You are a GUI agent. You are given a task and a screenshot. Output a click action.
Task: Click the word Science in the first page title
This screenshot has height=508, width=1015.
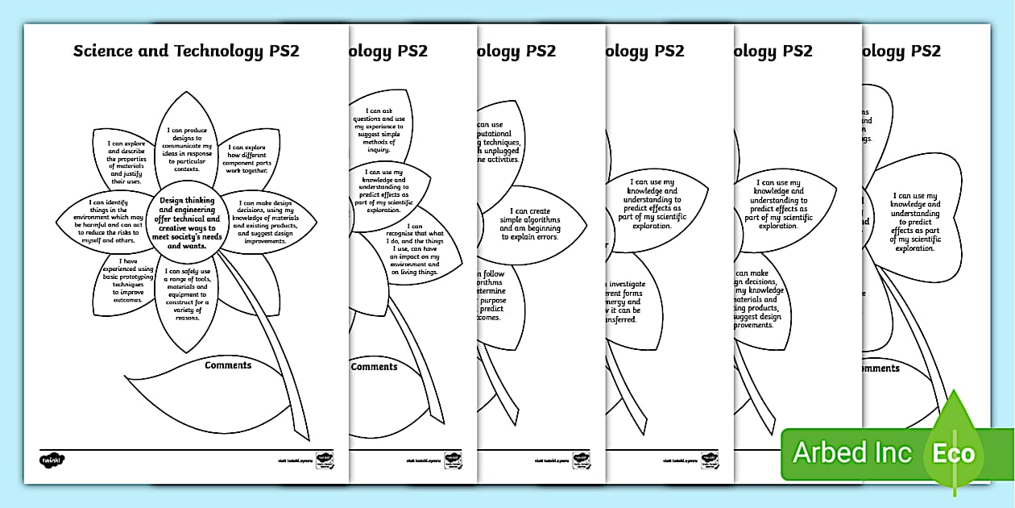coord(101,52)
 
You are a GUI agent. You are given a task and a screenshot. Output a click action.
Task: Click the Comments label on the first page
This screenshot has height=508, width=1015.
coord(228,365)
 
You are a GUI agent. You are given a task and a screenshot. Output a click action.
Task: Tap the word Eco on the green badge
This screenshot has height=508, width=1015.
coord(954,453)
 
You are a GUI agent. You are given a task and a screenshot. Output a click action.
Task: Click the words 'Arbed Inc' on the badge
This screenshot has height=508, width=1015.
coord(852,453)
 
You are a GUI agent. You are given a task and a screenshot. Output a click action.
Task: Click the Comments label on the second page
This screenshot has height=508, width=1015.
coord(375,367)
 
